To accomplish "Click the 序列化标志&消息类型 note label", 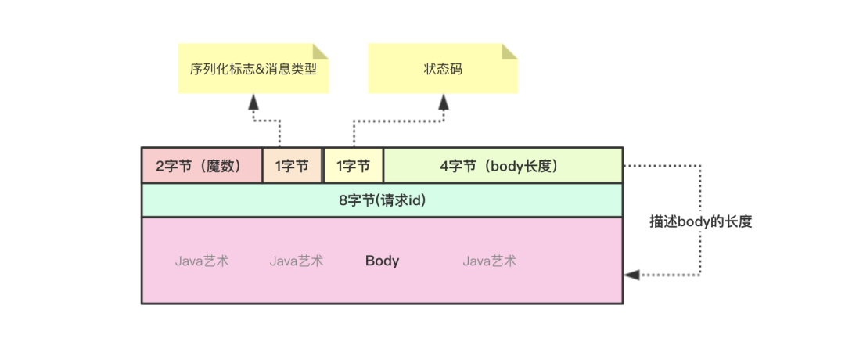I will pos(253,69).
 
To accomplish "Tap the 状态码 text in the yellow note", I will pos(443,69).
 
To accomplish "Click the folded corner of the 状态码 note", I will pos(509,51).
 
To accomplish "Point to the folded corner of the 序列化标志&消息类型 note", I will pos(320,51).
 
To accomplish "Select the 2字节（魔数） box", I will pos(201,165).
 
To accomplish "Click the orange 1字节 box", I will pos(292,165).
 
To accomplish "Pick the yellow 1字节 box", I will pos(353,165).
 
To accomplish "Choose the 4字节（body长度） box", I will pos(503,165).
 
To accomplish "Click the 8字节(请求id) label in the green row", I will pos(382,200).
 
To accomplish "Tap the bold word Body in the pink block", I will pos(382,261).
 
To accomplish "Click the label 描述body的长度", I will pos(700,221).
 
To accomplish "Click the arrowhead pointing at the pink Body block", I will pos(631,275).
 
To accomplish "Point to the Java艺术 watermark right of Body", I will pos(489,261).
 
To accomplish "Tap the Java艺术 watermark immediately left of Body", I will pos(297,261).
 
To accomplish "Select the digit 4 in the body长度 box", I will pos(444,166).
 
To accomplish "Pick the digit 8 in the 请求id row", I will pos(343,200).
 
